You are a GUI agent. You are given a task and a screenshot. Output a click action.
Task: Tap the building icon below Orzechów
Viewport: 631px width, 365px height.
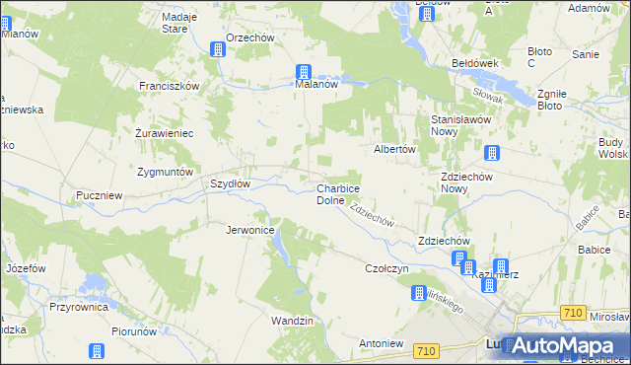pos(219,49)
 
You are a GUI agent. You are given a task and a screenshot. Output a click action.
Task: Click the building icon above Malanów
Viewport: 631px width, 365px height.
pos(304,72)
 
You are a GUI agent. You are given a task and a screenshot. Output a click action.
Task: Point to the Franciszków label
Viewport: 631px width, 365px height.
pos(169,86)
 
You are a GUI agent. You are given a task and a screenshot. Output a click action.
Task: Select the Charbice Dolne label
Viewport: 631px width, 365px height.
pos(337,193)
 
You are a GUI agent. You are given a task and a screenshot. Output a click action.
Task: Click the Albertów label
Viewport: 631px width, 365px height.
pos(396,149)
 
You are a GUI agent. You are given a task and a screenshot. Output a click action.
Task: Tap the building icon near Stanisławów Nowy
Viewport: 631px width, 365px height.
pos(491,153)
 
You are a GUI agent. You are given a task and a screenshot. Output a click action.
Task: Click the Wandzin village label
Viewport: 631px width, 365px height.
pos(292,321)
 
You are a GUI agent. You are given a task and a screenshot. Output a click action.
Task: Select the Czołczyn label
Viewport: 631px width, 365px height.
pos(386,268)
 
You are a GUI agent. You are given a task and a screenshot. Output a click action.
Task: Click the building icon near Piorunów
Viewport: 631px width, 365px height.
pos(97,351)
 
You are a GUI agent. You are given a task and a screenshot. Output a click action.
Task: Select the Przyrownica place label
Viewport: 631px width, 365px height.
pos(75,307)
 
